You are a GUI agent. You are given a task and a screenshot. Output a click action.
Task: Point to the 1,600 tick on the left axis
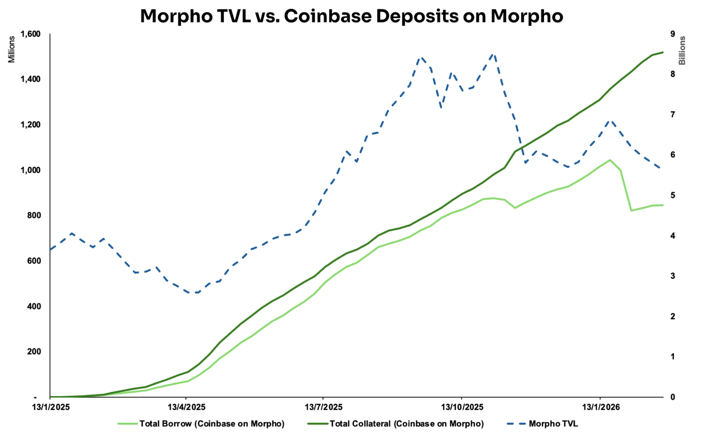point(30,34)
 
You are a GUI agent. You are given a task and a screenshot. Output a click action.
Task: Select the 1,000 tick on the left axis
point(30,170)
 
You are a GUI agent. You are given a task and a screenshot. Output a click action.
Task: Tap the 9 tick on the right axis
point(672,34)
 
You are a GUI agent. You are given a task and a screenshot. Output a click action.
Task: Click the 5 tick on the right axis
point(672,195)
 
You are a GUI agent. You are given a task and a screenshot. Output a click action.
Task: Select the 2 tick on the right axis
point(672,317)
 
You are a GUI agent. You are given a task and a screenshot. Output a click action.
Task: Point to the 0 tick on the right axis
point(672,397)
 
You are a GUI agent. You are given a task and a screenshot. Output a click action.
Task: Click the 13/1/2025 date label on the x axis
point(50,408)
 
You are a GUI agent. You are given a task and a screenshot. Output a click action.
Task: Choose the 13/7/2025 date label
point(323,408)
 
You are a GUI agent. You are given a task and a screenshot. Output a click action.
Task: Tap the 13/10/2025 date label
point(462,408)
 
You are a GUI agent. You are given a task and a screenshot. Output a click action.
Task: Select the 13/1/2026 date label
point(599,408)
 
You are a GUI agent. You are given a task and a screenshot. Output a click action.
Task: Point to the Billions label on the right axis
point(683,50)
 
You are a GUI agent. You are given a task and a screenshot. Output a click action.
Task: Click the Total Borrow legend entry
point(211,424)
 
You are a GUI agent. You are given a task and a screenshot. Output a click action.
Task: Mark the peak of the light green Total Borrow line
point(610,160)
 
